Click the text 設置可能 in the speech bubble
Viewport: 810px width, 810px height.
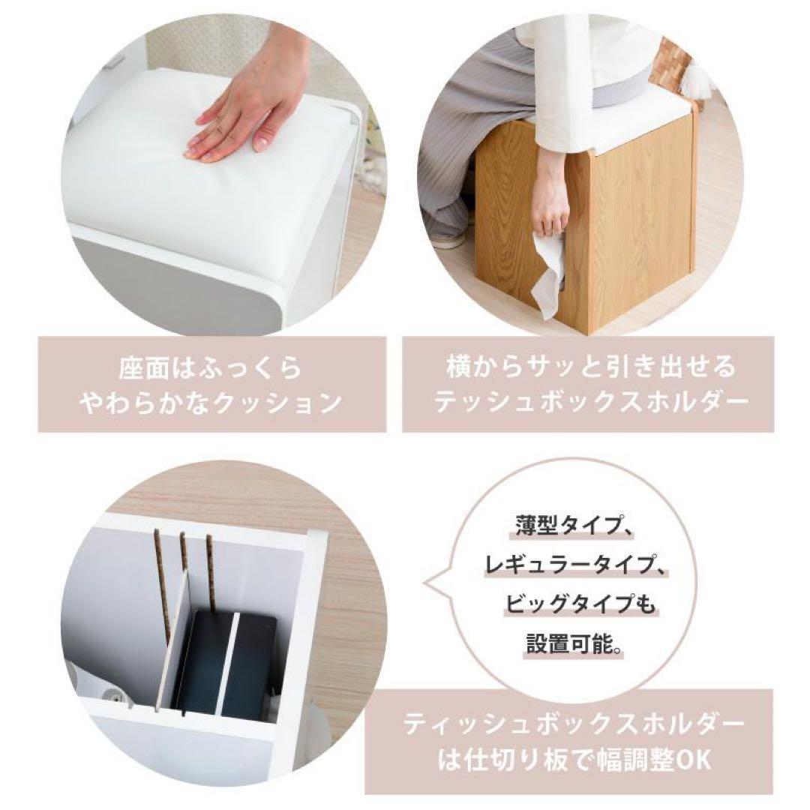[x=569, y=643]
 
